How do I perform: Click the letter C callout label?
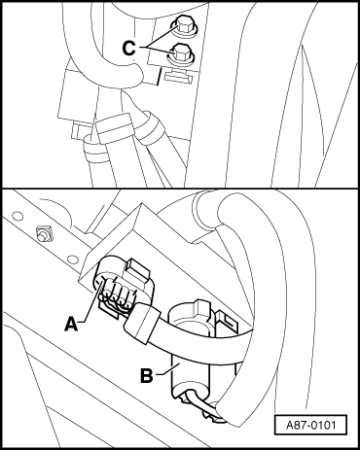(x=128, y=49)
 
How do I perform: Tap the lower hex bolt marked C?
(x=180, y=54)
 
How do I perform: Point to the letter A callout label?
(x=71, y=324)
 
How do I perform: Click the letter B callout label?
(x=147, y=375)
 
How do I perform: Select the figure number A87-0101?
(x=310, y=425)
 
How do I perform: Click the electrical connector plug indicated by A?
(x=122, y=285)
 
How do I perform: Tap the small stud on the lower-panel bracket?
(x=42, y=234)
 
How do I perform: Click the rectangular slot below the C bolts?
(x=179, y=77)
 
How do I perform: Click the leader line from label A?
(x=91, y=301)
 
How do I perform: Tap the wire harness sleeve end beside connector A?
(x=141, y=323)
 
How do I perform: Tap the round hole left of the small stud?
(x=18, y=215)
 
